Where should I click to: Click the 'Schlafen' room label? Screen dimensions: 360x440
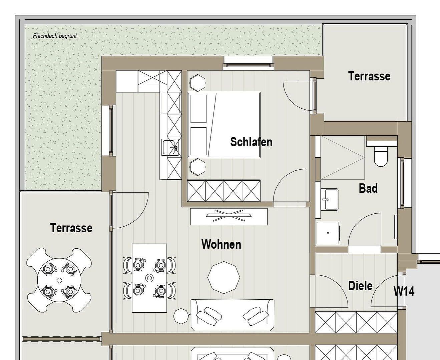251,142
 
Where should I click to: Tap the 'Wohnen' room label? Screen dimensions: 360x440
221,244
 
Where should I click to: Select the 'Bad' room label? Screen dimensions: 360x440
368,188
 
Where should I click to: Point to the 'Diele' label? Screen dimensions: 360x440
360,286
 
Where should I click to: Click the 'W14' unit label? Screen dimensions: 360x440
404,291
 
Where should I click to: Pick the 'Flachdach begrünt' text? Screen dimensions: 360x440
55,36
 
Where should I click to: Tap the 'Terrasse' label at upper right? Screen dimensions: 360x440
369,76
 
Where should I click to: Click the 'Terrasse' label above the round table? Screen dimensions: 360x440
71,228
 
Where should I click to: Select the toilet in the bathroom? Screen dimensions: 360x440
381,155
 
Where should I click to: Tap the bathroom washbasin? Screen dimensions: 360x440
329,199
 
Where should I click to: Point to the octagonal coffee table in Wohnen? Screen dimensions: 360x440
224,277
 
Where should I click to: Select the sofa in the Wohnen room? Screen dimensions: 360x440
232,314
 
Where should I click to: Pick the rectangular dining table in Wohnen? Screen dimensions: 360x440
149,278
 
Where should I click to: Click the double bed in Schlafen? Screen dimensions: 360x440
224,125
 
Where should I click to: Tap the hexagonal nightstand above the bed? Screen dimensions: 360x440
197,82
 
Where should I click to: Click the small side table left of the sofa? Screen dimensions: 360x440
181,316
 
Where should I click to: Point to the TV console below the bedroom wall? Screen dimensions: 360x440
229,216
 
